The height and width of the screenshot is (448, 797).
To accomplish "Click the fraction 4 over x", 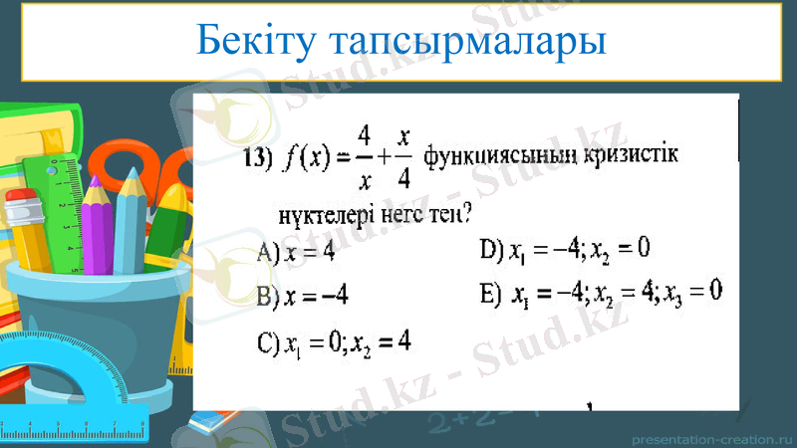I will [365, 157].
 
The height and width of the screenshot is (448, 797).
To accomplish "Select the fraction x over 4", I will [403, 157].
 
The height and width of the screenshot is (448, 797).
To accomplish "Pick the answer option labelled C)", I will [334, 343].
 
